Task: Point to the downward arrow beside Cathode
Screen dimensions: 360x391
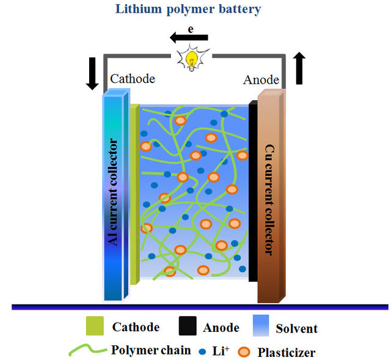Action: (92, 73)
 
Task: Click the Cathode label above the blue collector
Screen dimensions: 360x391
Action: (133, 79)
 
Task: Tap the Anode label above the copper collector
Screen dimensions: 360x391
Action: (261, 80)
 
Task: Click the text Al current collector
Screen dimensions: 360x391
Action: (112, 193)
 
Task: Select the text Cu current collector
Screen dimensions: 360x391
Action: (268, 199)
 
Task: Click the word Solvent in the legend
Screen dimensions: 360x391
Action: (297, 328)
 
